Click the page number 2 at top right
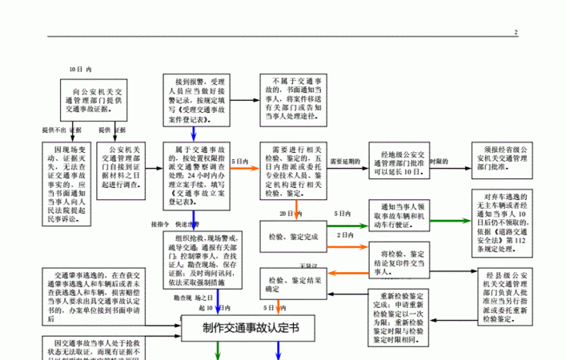point(516,32)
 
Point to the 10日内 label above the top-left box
point(81,70)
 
